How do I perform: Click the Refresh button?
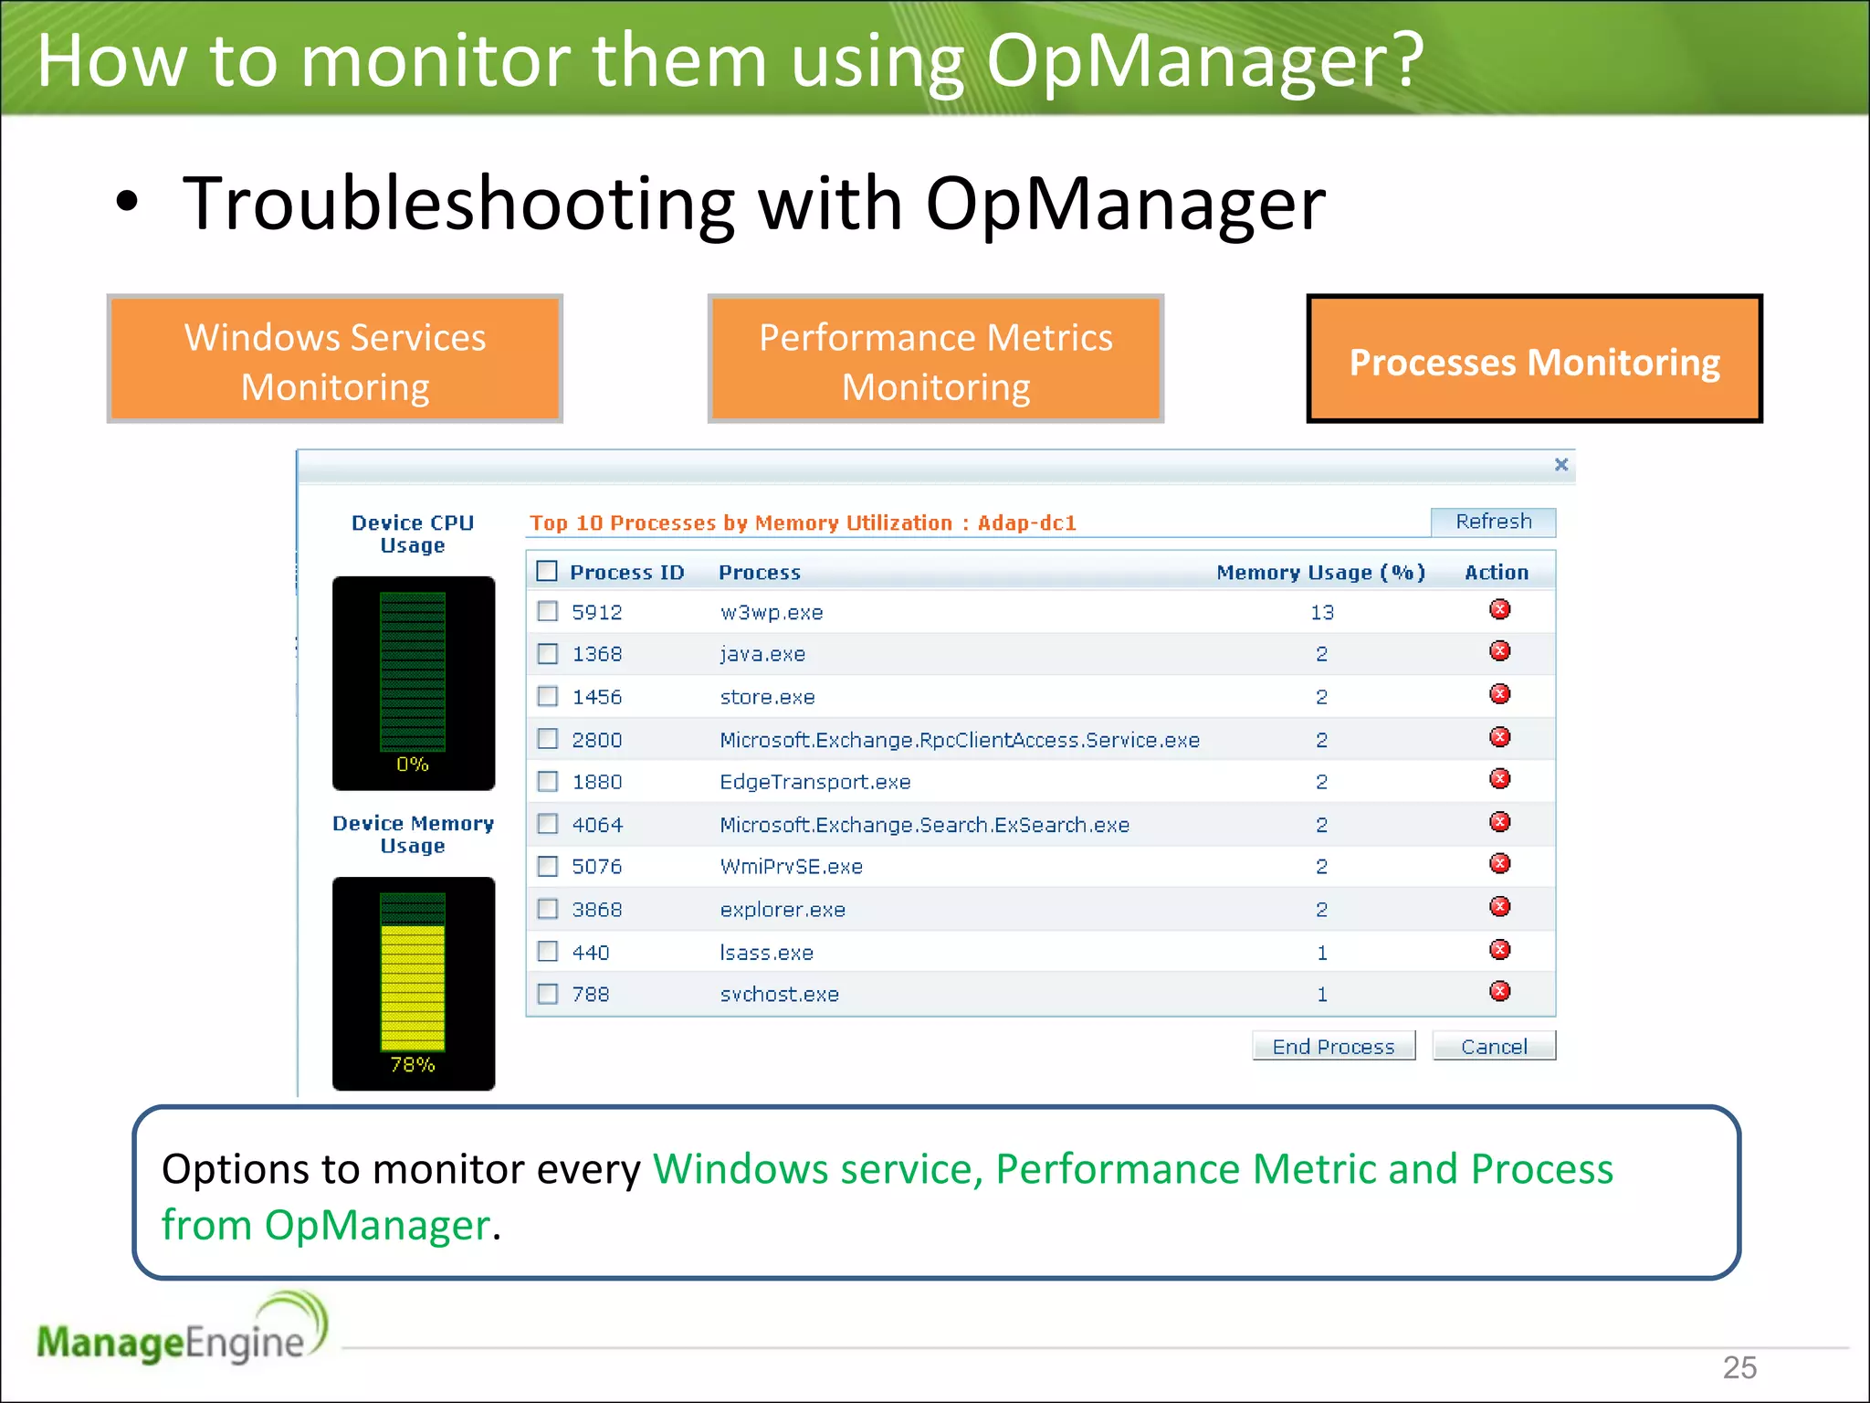[1493, 522]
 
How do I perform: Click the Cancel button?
[1493, 1046]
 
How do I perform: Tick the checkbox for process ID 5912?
[548, 611]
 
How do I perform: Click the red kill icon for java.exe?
[1499, 651]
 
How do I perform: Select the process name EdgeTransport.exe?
[814, 782]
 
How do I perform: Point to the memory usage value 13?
[1321, 612]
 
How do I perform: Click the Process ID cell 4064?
[597, 825]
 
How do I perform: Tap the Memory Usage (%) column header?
[1320, 573]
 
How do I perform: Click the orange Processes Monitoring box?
[1534, 359]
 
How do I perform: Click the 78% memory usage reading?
[413, 1064]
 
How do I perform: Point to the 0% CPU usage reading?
[413, 764]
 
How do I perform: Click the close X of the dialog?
[1561, 465]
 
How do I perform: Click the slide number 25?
[1739, 1367]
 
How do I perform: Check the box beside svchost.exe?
[548, 994]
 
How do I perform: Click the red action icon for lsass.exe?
[1499, 950]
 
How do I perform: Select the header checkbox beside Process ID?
[547, 572]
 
